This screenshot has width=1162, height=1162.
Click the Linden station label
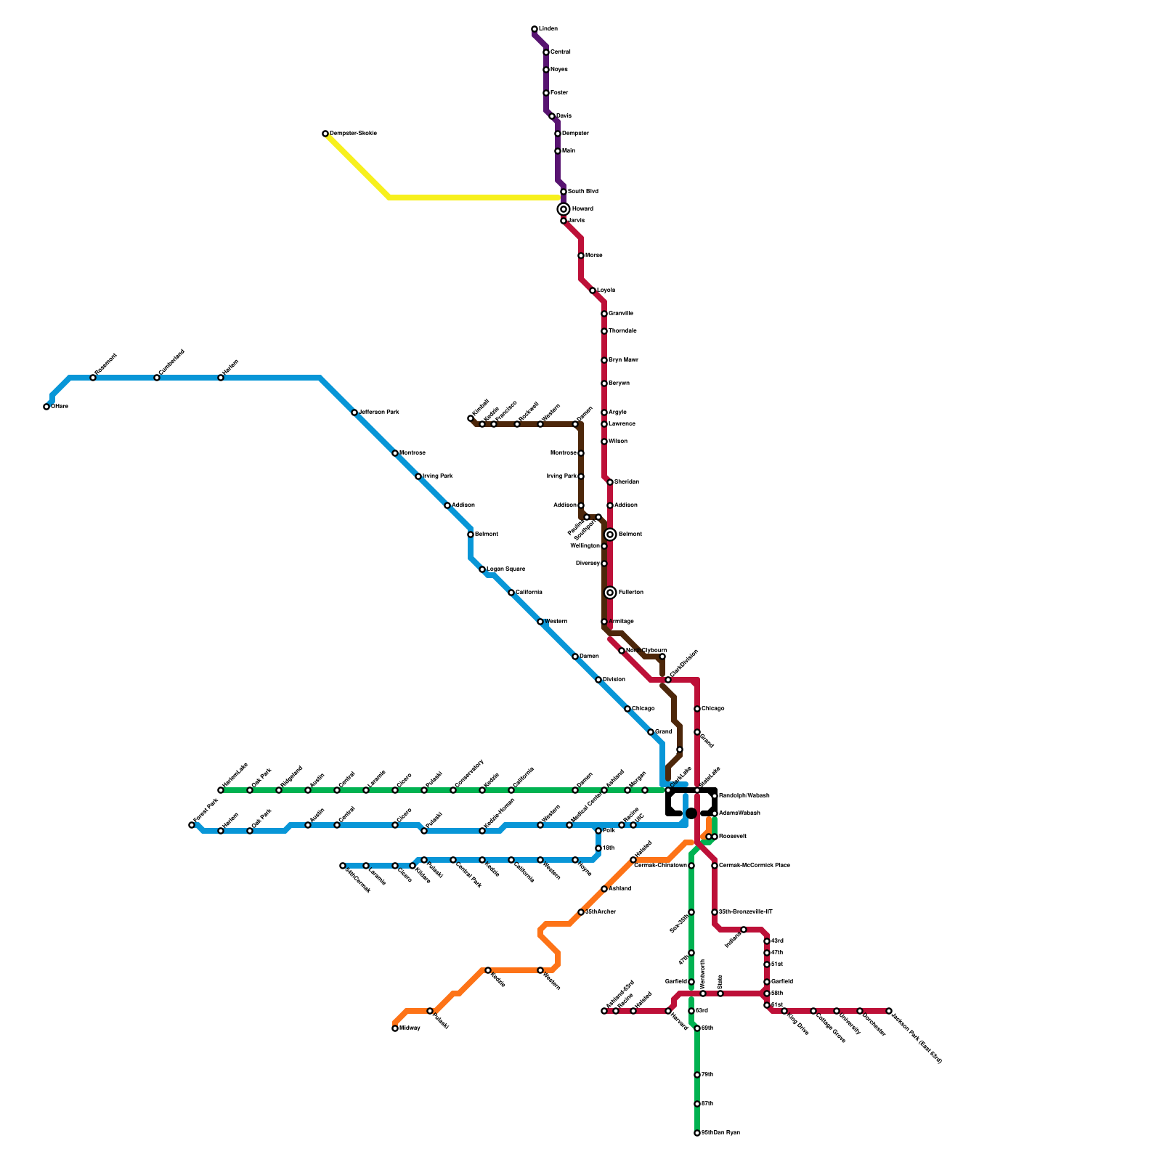(548, 29)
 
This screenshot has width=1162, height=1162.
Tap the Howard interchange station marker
(564, 209)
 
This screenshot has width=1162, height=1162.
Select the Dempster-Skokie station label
(353, 134)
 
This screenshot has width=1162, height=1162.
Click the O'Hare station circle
(46, 407)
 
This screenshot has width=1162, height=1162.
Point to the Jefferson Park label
(378, 413)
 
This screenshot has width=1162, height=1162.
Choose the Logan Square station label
(505, 569)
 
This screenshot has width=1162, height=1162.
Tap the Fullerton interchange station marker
(610, 593)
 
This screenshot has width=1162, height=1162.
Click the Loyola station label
(606, 290)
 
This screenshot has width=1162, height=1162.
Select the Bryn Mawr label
(623, 360)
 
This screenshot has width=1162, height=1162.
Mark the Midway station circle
(395, 1028)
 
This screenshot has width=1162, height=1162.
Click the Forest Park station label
(206, 812)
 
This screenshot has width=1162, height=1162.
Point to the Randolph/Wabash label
(744, 796)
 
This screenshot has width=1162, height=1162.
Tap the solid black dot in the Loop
(691, 813)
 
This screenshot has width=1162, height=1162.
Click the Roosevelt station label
(733, 837)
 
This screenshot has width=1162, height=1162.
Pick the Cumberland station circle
(157, 378)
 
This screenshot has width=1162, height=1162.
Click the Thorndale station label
(622, 331)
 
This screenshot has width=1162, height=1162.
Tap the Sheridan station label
(626, 482)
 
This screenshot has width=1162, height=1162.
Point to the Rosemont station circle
(93, 378)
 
